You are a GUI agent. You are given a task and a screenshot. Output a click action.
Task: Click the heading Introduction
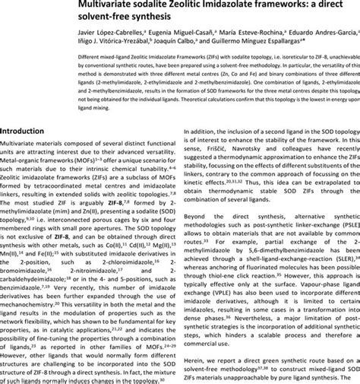(31, 130)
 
